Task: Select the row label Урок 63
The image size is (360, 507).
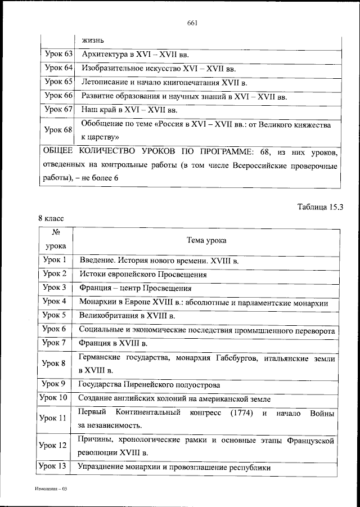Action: click(x=58, y=55)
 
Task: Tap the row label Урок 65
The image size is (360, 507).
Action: click(x=58, y=82)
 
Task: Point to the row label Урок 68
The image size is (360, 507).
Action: click(x=58, y=130)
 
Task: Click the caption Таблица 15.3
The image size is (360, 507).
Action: click(x=319, y=207)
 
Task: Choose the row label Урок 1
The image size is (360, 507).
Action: click(x=56, y=261)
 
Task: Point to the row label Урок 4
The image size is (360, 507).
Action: click(x=56, y=302)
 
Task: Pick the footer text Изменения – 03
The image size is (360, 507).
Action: click(x=49, y=490)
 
